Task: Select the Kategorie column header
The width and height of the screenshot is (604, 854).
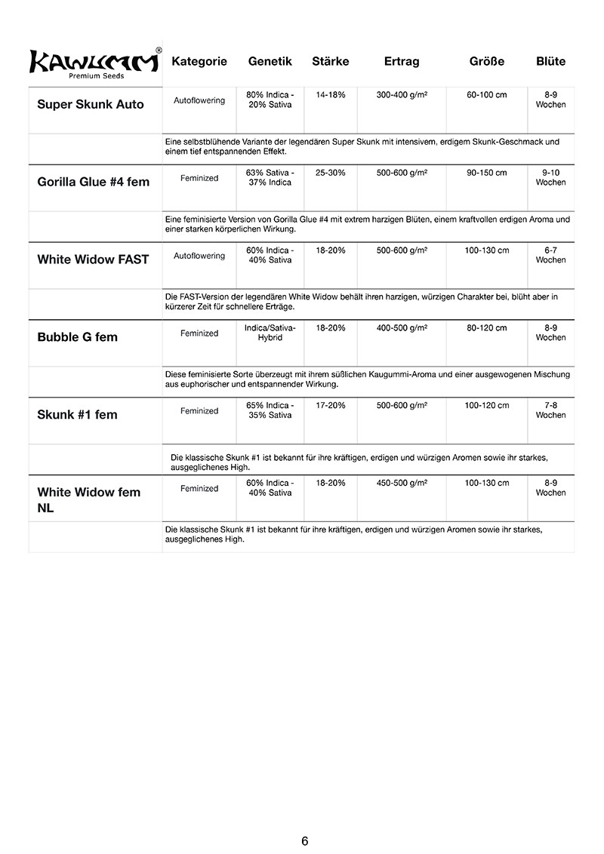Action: (x=199, y=61)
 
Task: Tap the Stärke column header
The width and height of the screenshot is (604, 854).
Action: (x=330, y=61)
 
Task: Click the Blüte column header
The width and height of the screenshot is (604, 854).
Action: (x=550, y=61)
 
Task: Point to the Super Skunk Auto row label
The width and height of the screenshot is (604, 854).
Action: (x=91, y=104)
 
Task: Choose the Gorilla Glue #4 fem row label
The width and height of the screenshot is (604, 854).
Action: (x=94, y=182)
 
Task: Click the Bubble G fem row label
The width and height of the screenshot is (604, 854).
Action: (x=78, y=336)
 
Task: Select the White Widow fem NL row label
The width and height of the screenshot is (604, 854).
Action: (x=89, y=500)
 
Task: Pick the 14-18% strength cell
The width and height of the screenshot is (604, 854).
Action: (x=331, y=95)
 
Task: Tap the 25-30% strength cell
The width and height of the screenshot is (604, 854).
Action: (x=331, y=173)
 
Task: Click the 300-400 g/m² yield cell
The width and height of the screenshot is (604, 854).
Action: (x=402, y=95)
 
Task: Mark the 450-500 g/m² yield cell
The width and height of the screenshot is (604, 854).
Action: (x=402, y=483)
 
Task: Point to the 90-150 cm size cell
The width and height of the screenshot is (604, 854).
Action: (x=487, y=173)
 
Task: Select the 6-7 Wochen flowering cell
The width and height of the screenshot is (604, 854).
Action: (x=550, y=255)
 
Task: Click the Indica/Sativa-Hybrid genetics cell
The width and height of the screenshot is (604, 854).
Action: (x=270, y=333)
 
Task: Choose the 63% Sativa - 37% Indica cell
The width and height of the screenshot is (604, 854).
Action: (x=270, y=177)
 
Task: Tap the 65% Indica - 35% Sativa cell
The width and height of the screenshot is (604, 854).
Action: (x=270, y=410)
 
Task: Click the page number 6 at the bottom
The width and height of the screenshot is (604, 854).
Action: (x=304, y=841)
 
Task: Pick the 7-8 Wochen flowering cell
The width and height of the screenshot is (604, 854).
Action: (x=550, y=410)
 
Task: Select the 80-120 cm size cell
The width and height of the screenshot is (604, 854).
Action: (x=487, y=328)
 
